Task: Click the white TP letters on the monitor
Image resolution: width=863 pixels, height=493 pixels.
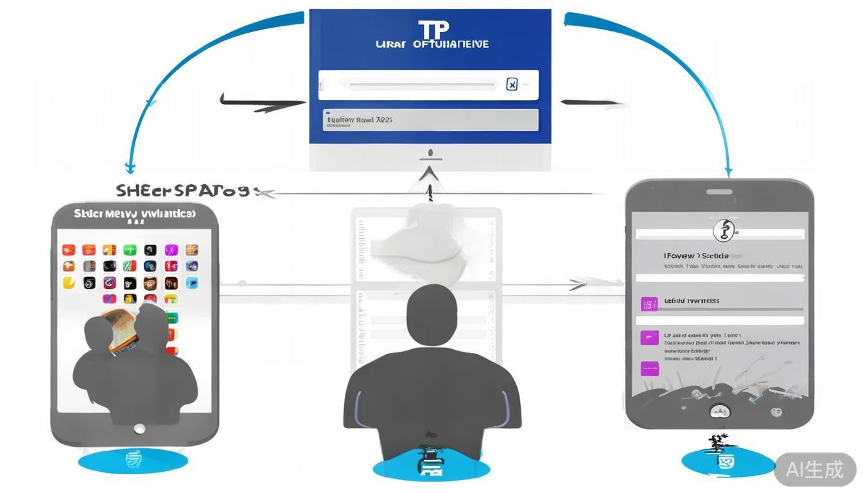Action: click(433, 30)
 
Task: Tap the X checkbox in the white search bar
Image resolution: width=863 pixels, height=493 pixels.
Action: click(512, 84)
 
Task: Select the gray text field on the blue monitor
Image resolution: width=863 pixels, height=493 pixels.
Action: click(430, 119)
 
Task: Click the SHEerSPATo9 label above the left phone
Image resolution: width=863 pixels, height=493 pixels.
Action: click(184, 191)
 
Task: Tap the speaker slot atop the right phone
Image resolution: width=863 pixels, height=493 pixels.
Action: click(719, 191)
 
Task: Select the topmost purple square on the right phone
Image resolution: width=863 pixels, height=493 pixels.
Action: click(650, 304)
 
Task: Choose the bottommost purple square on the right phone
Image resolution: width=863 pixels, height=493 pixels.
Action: click(650, 368)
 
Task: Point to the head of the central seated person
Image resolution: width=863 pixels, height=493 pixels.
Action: click(432, 308)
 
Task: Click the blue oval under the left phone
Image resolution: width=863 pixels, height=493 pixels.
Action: click(133, 460)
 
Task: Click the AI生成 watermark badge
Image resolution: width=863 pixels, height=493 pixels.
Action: click(815, 469)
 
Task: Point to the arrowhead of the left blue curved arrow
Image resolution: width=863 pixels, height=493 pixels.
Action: click(130, 169)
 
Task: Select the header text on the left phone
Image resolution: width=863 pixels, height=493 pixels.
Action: click(135, 214)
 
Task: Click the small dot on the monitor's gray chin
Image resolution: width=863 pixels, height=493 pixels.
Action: click(430, 154)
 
